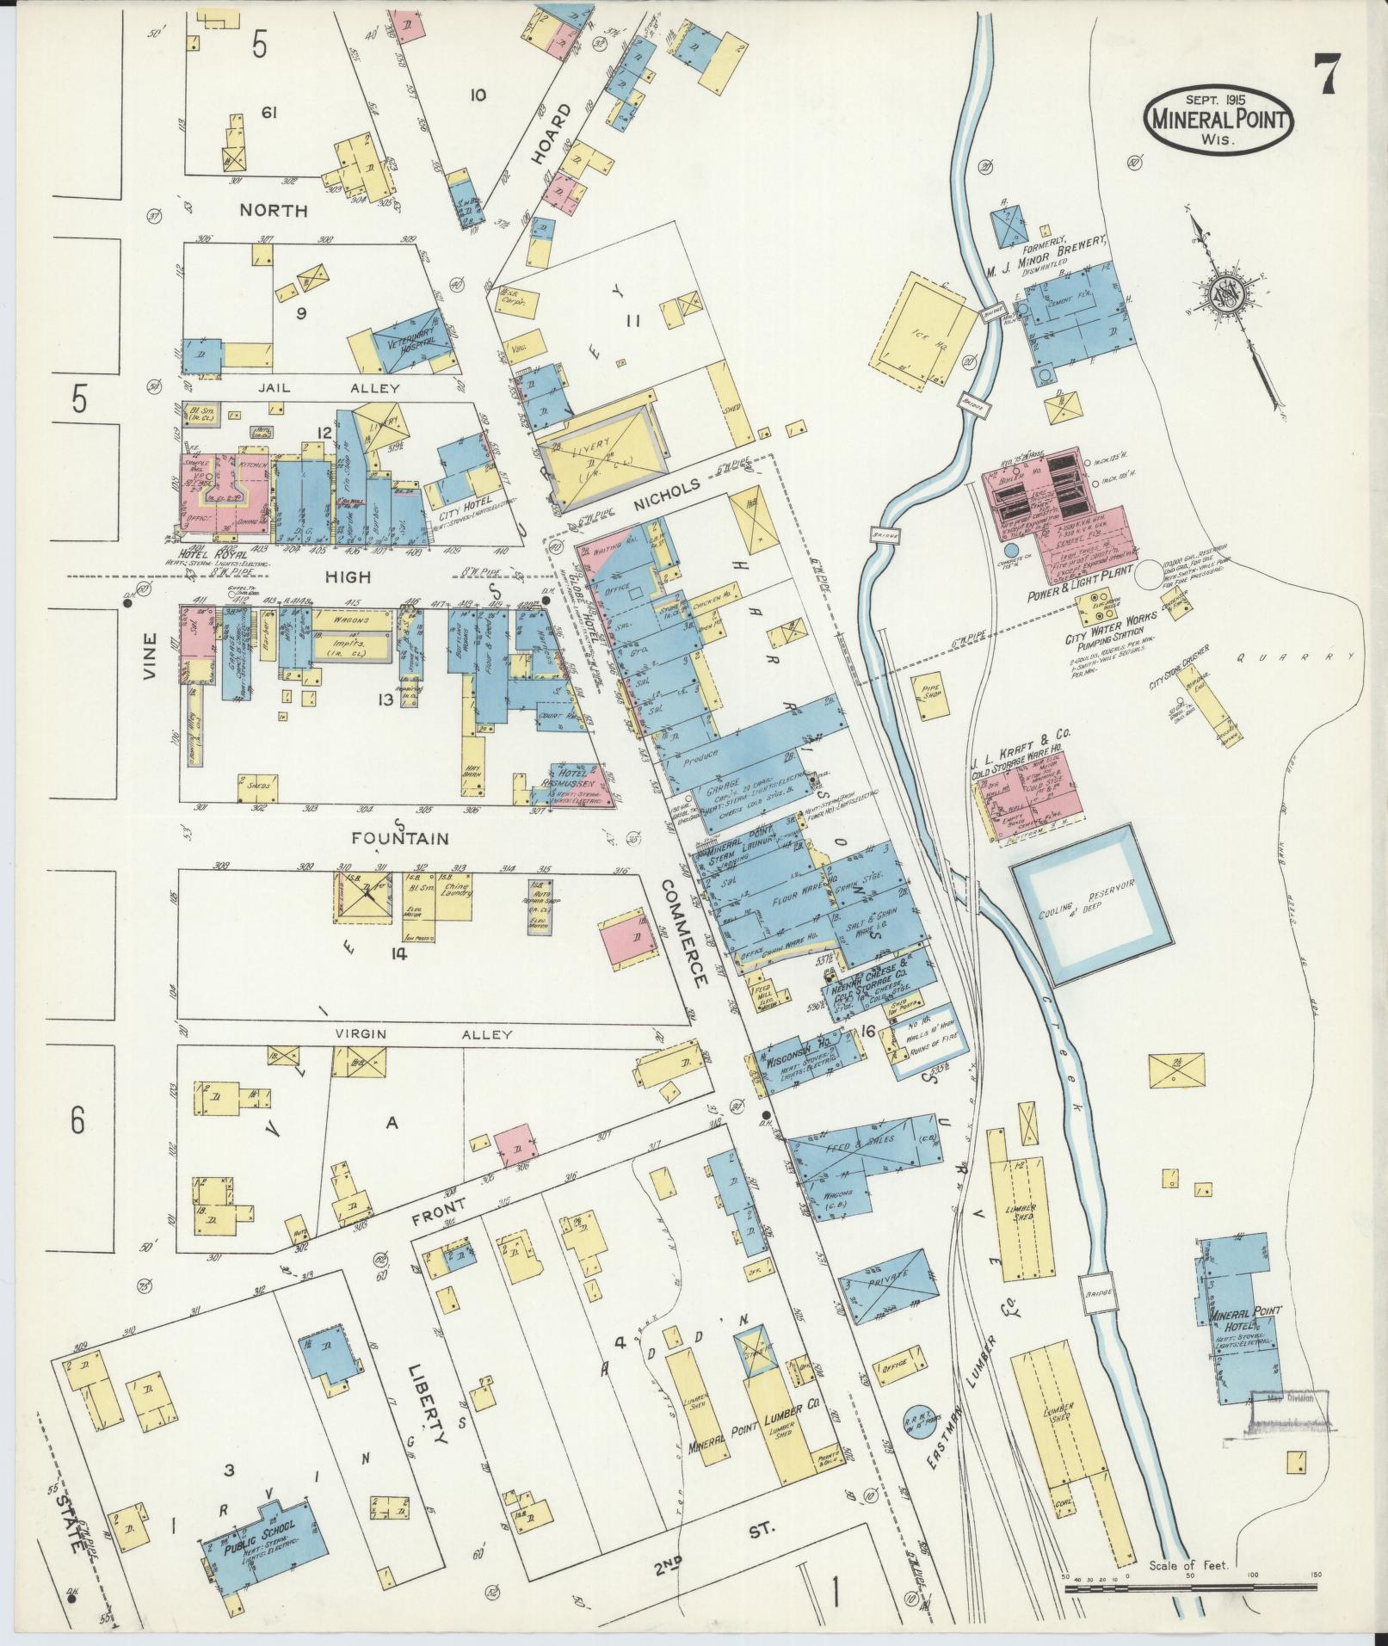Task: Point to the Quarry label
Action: [1294, 656]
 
